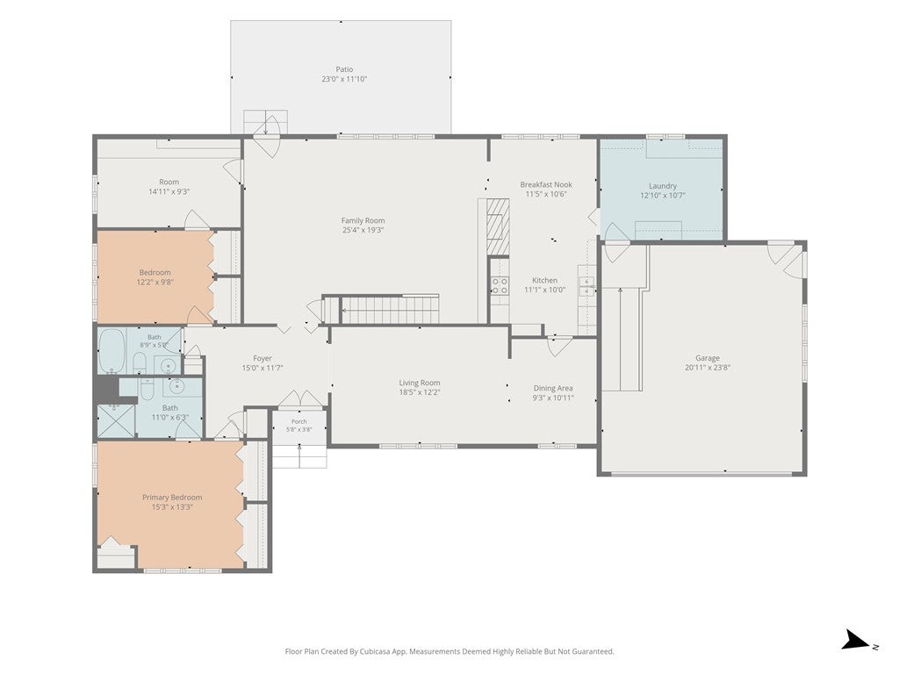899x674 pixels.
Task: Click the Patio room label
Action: [344, 69]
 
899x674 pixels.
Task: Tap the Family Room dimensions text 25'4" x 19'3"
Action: [363, 230]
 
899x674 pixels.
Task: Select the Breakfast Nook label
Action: [546, 184]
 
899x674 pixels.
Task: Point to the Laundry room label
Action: [663, 186]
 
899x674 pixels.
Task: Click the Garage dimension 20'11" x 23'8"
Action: [708, 368]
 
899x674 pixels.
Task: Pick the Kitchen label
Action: [544, 280]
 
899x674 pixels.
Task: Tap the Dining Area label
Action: [553, 388]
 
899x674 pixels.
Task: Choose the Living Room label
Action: [420, 383]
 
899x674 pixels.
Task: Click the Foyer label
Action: [263, 359]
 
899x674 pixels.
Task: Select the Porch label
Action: [298, 421]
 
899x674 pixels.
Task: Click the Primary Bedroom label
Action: [172, 498]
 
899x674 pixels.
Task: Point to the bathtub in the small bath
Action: [111, 351]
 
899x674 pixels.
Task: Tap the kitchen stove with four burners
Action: [500, 285]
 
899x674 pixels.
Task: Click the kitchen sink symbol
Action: [586, 285]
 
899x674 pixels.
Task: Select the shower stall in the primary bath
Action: [117, 420]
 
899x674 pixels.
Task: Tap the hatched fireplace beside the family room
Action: [498, 226]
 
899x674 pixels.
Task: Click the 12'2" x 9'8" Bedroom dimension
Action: [155, 282]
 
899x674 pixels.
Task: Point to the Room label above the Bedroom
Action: [169, 182]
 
